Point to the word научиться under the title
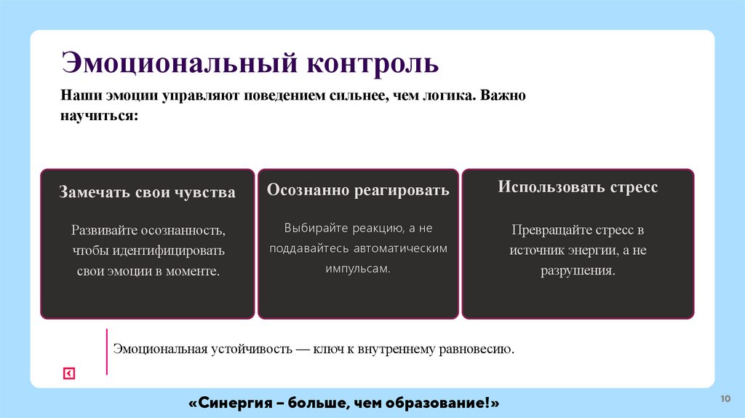click(98, 115)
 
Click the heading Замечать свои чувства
click(147, 193)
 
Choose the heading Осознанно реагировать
click(358, 191)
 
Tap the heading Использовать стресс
click(578, 187)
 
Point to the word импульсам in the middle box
click(356, 268)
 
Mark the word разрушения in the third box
click(577, 270)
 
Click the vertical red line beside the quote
click(107, 352)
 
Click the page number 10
click(725, 398)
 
